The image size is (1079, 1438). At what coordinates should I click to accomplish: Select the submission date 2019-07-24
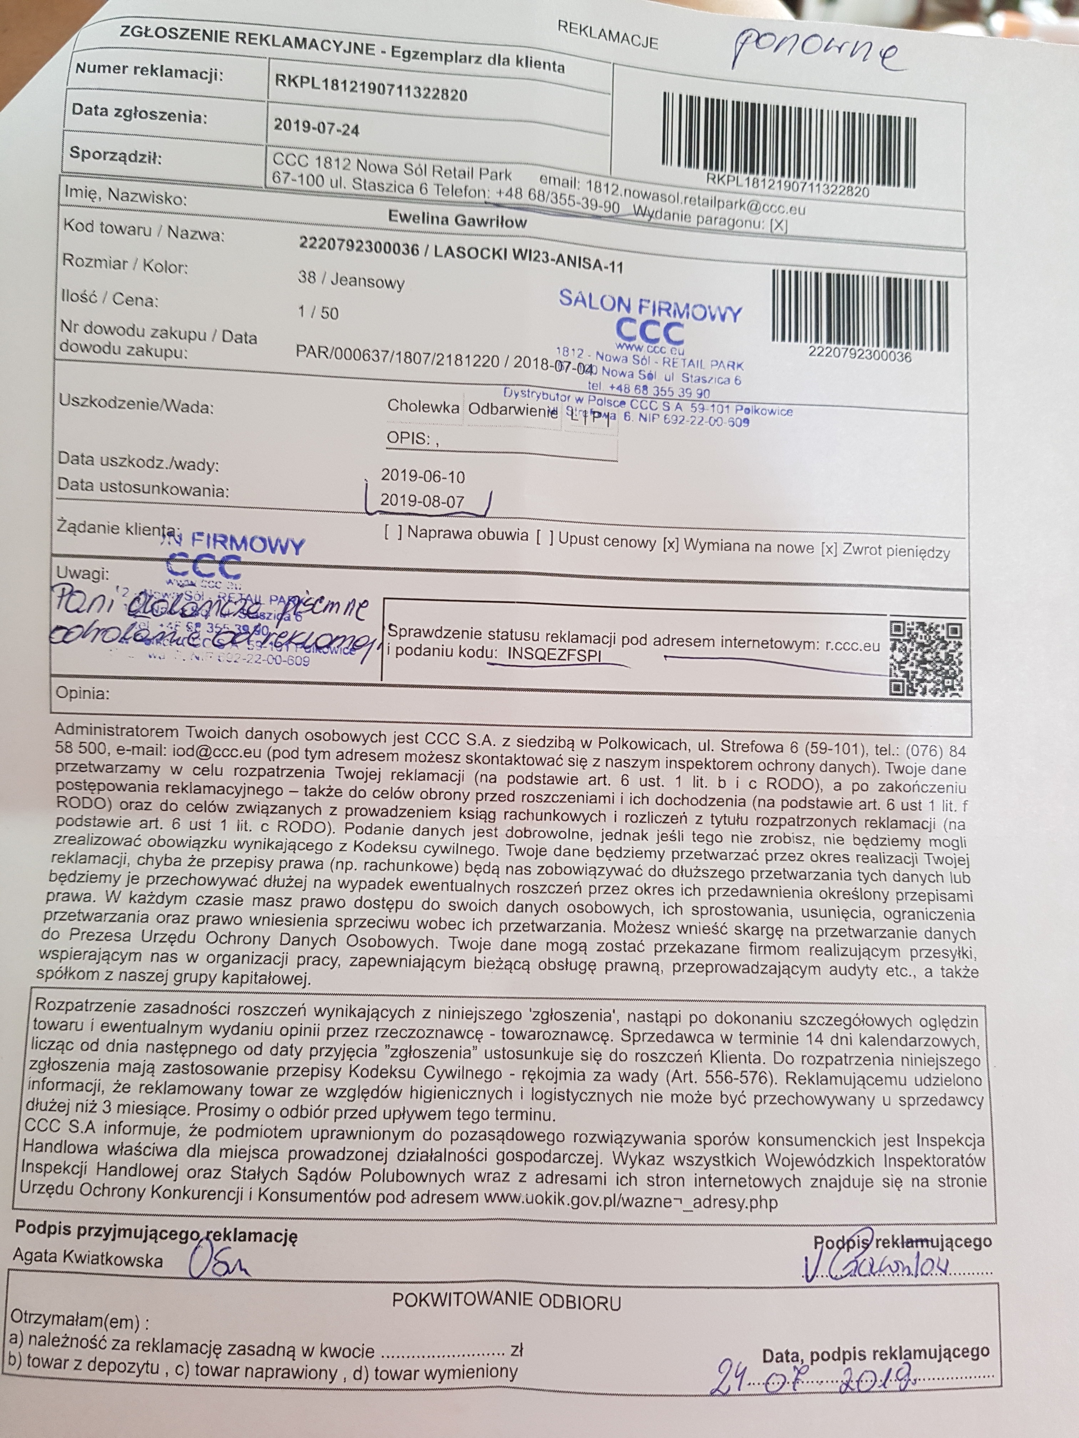[x=317, y=127]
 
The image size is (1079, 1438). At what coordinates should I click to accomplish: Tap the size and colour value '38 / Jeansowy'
[x=351, y=280]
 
